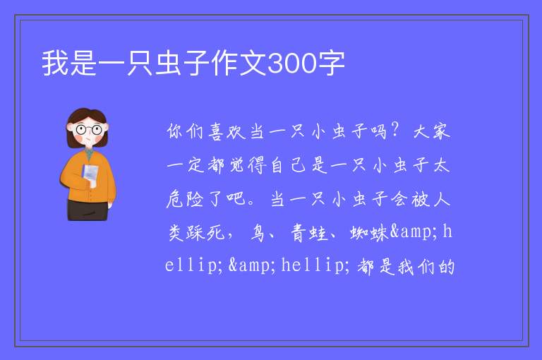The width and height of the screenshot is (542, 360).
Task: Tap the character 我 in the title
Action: (x=55, y=63)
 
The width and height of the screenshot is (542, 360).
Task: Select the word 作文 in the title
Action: (x=239, y=63)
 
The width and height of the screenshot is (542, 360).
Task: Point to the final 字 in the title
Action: (x=331, y=63)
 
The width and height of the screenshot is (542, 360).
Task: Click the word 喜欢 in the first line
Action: (x=227, y=132)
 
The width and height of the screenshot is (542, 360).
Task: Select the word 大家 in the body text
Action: (x=432, y=132)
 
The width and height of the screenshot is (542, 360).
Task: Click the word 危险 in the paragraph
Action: (x=185, y=199)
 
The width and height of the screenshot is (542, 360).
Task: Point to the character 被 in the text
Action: (x=421, y=199)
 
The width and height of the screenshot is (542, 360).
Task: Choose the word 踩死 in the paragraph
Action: (x=205, y=232)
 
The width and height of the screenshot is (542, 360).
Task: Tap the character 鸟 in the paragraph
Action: (x=258, y=232)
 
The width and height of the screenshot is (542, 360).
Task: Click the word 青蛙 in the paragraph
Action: (x=309, y=232)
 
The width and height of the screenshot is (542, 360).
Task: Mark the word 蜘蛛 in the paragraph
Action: (x=369, y=232)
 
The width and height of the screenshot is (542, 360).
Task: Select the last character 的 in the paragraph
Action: (x=446, y=267)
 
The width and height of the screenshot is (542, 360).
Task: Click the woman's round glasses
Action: (x=89, y=130)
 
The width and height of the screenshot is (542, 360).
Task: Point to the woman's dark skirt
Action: (x=87, y=210)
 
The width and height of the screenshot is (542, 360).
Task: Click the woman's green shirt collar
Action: (x=90, y=153)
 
